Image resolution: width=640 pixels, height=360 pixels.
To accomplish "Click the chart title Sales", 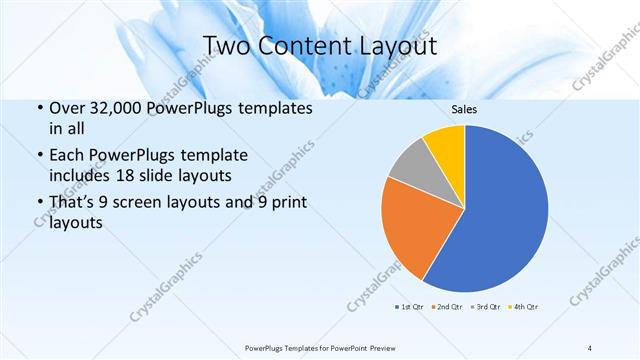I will pos(464,108).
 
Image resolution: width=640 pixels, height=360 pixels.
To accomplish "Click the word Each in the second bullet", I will pos(67,157).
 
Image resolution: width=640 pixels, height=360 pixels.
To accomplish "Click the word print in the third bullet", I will pos(287,205).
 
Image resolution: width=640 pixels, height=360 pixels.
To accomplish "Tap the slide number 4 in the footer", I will pos(589,347).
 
